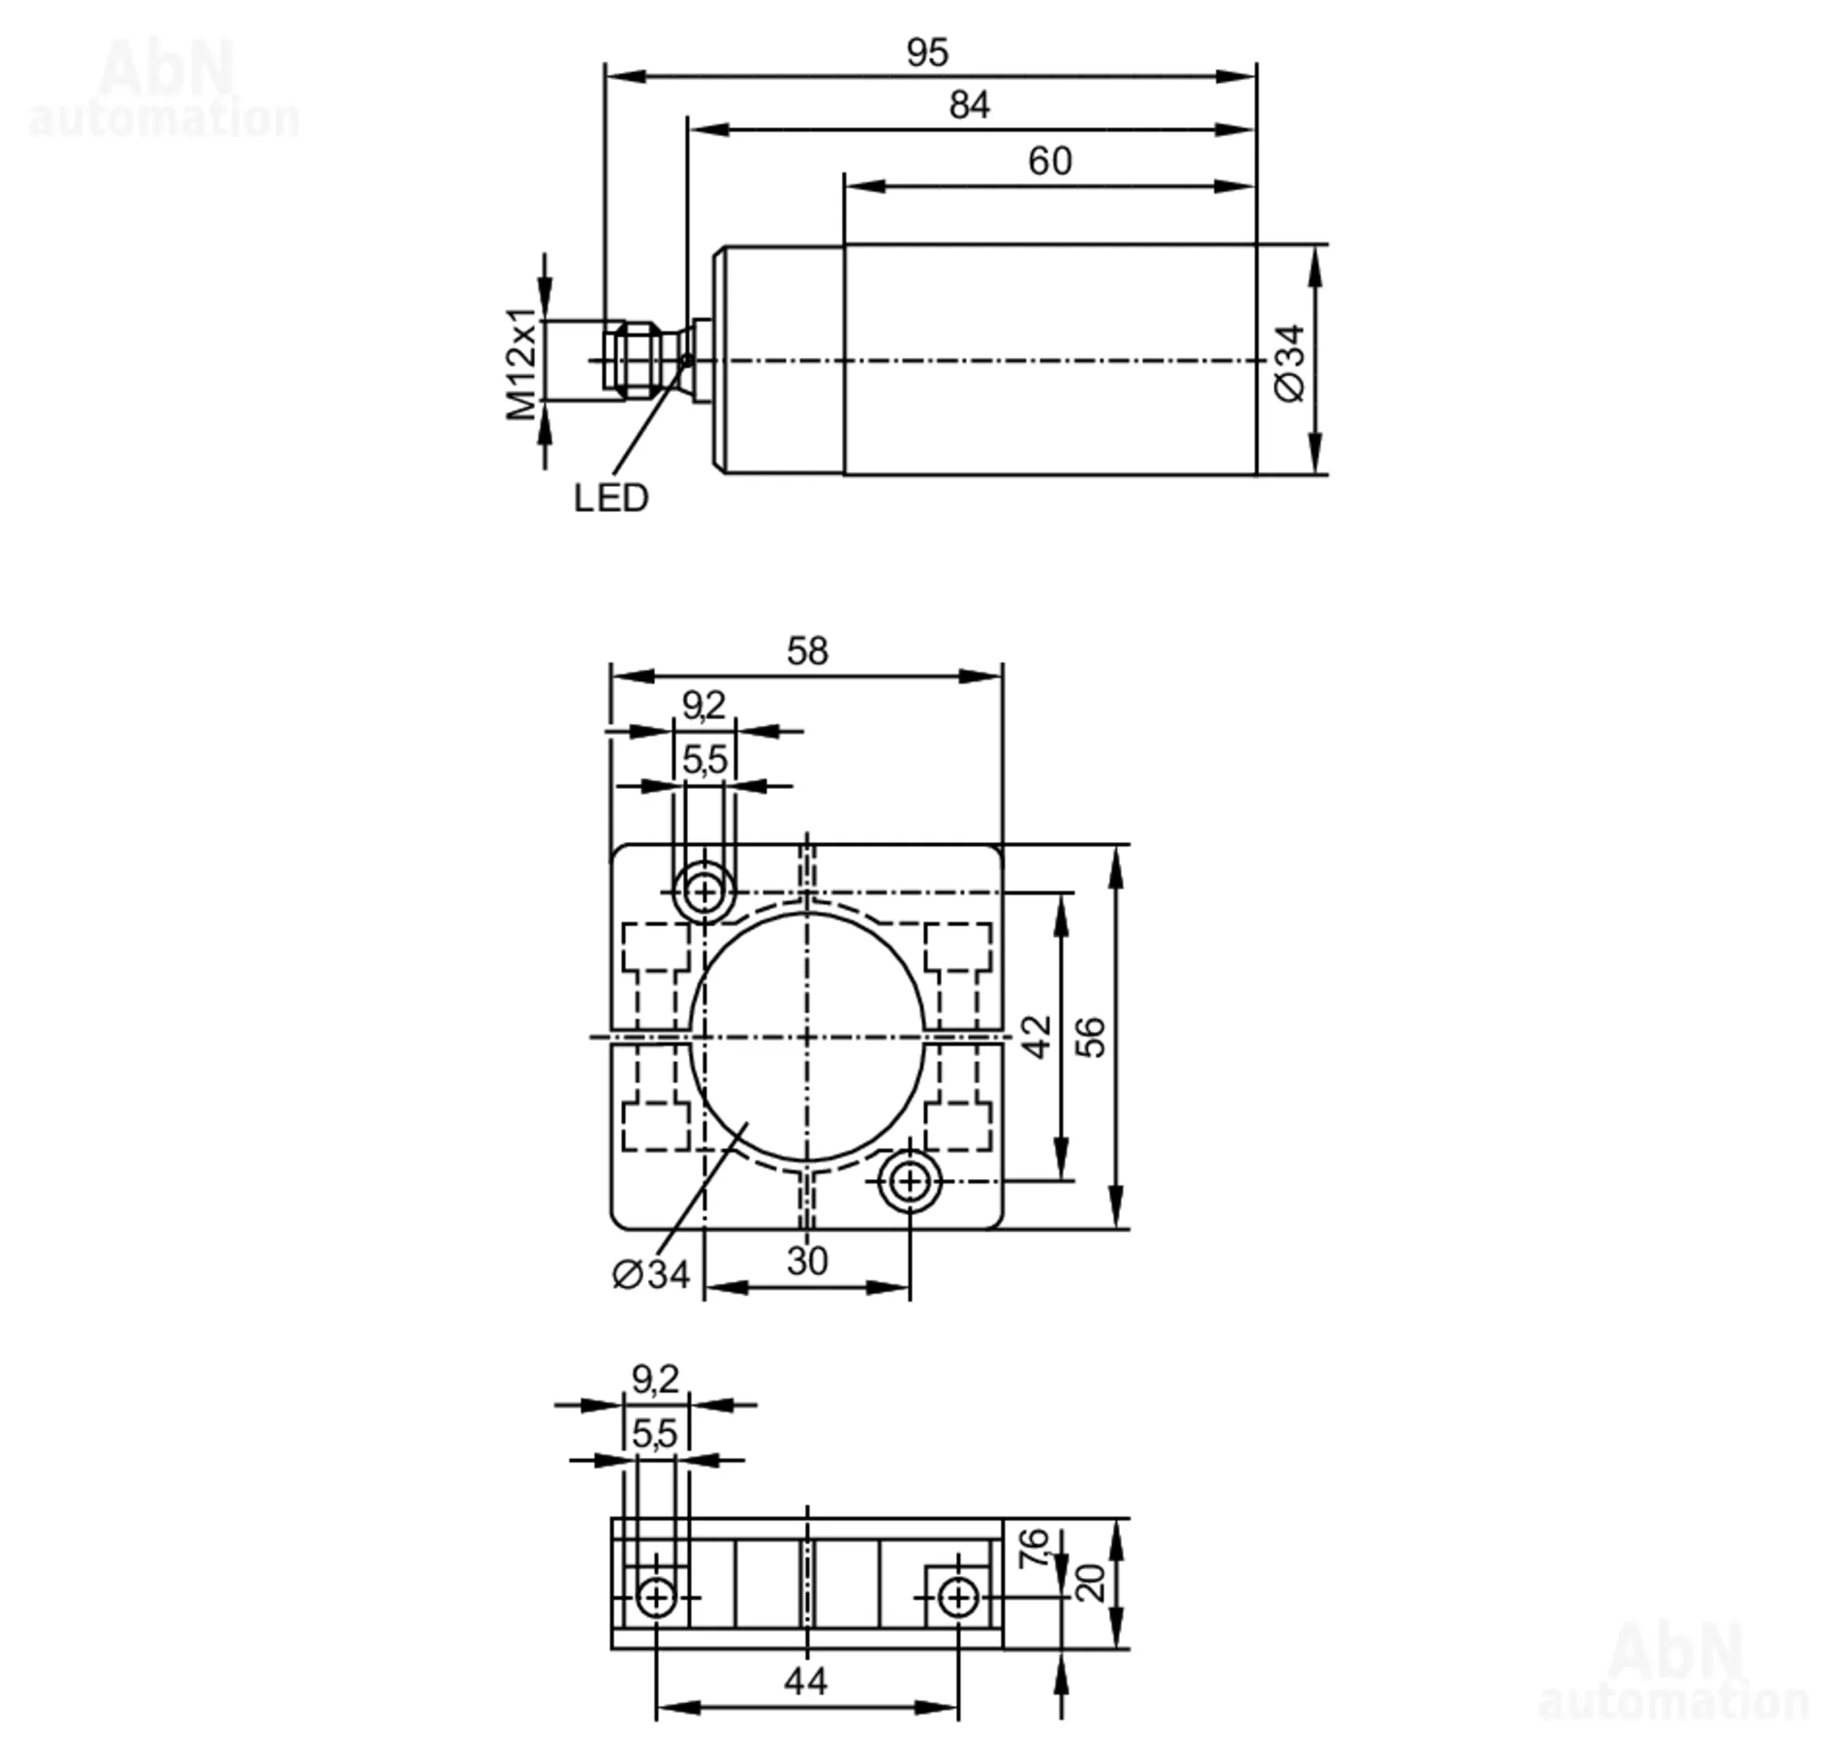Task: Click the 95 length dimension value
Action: (927, 52)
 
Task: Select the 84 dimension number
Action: (969, 104)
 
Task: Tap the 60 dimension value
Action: (1050, 161)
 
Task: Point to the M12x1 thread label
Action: (522, 364)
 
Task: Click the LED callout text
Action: (611, 499)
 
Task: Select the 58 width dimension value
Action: (806, 651)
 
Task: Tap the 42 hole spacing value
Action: (1037, 1037)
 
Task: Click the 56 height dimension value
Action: (1090, 1037)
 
